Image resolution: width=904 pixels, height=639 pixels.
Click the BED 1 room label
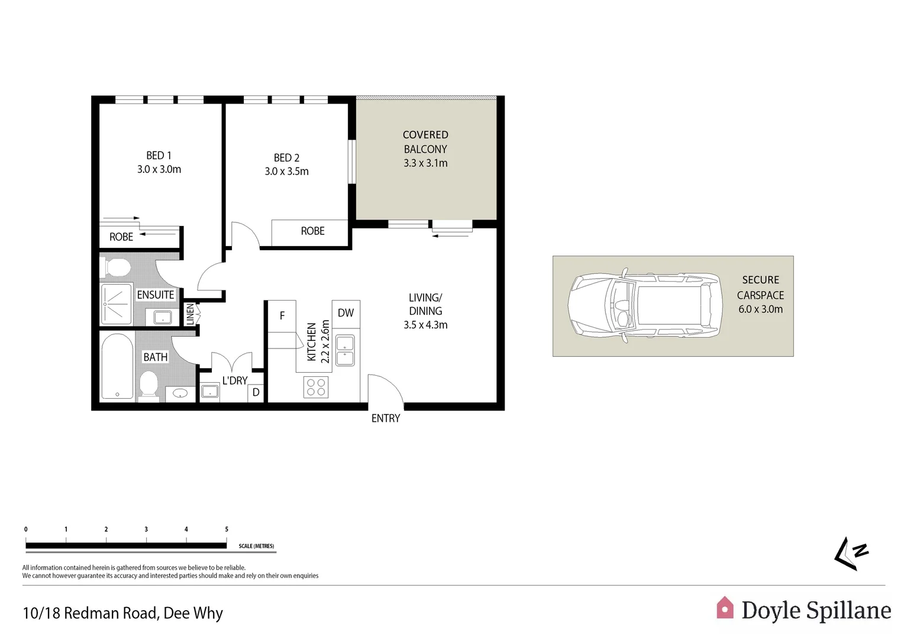[x=159, y=156]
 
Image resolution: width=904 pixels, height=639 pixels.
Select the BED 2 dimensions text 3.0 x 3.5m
[x=286, y=172]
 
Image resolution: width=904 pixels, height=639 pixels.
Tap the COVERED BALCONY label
[x=425, y=142]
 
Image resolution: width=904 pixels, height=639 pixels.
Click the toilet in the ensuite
[x=116, y=267]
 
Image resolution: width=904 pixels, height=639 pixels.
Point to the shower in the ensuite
[x=116, y=304]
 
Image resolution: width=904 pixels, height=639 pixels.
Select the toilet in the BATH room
[x=148, y=385]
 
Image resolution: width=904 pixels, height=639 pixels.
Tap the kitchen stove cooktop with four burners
[x=315, y=388]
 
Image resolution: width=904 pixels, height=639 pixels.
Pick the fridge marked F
[x=282, y=316]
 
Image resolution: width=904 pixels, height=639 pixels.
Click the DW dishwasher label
[x=346, y=313]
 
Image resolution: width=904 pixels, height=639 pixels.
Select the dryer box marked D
[x=256, y=392]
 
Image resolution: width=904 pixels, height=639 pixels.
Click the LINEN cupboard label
[x=190, y=314]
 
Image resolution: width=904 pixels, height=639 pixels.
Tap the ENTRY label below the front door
[x=386, y=418]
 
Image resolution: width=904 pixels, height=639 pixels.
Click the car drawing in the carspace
[x=645, y=306]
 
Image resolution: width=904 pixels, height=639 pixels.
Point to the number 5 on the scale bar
[x=227, y=530]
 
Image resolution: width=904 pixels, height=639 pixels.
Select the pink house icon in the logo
[x=725, y=608]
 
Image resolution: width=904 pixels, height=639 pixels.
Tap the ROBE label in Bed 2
[x=312, y=231]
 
